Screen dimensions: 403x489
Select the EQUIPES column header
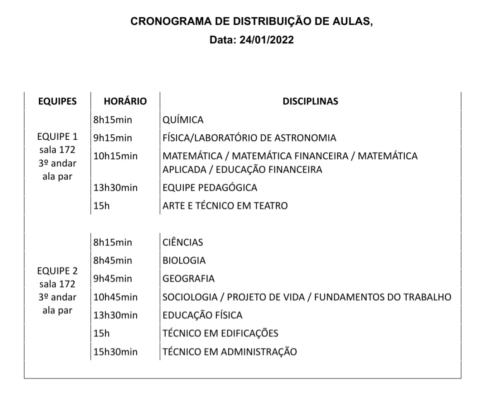click(57, 101)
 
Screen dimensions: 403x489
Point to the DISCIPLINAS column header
click(310, 101)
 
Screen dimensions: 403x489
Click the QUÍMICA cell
click(183, 120)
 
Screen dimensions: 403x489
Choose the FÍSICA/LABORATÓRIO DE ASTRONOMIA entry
click(249, 138)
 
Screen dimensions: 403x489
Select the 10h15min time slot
click(115, 156)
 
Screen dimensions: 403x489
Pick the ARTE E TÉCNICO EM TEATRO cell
click(225, 206)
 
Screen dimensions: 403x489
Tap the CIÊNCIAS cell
click(182, 242)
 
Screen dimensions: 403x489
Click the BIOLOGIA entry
click(184, 261)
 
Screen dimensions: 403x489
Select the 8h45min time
click(113, 261)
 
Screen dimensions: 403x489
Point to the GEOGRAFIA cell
click(188, 279)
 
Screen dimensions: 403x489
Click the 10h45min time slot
click(115, 297)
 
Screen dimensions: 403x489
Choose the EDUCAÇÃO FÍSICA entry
click(202, 315)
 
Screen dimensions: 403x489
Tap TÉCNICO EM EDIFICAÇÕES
click(220, 334)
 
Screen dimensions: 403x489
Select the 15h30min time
click(115, 352)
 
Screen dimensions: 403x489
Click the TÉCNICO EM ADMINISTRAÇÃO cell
click(230, 352)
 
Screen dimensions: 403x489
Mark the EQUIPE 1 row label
click(57, 136)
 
